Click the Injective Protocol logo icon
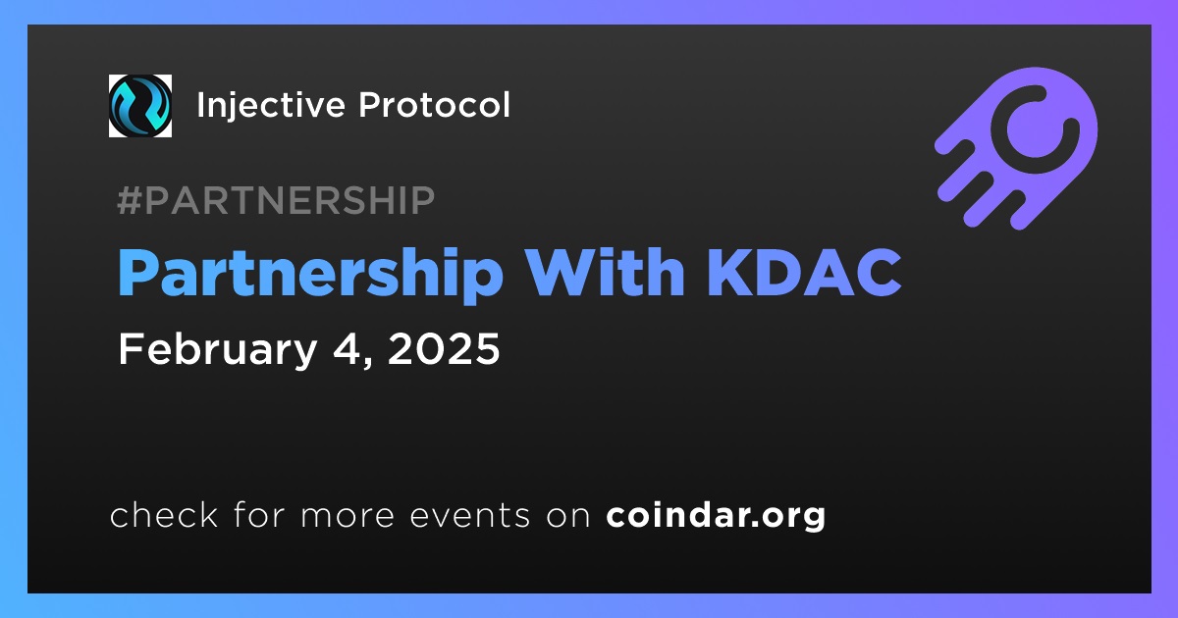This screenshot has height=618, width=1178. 139,106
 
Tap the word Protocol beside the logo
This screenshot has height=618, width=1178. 434,105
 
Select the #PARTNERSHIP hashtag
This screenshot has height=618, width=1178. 276,200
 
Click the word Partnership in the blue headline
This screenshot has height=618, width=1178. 311,275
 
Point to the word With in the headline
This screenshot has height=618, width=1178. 606,272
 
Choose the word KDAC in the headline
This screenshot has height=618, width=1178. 805,273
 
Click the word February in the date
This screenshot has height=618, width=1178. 218,350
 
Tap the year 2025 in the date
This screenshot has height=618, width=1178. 444,348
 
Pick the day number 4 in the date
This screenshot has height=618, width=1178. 348,348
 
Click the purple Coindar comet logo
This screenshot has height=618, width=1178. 1016,148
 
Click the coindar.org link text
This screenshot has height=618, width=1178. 716,516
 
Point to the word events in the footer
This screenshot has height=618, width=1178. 470,516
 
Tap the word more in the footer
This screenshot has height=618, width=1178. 348,517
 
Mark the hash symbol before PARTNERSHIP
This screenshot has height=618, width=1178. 130,200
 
